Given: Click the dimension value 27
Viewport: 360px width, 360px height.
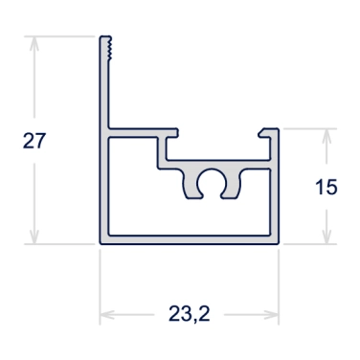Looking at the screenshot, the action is click(34, 141).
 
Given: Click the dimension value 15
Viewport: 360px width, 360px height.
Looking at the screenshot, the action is click(326, 187).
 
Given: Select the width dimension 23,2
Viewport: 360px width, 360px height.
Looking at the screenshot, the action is click(190, 314).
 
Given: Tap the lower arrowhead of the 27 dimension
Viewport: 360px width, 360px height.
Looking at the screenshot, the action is click(34, 236).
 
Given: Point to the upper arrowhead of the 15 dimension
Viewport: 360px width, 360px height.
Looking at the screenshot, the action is click(326, 136).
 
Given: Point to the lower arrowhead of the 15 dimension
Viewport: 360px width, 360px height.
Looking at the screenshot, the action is click(326, 236).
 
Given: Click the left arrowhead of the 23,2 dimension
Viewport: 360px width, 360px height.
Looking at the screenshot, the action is click(107, 315).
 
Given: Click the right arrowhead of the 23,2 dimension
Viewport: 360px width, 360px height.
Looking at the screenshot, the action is click(271, 315).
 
